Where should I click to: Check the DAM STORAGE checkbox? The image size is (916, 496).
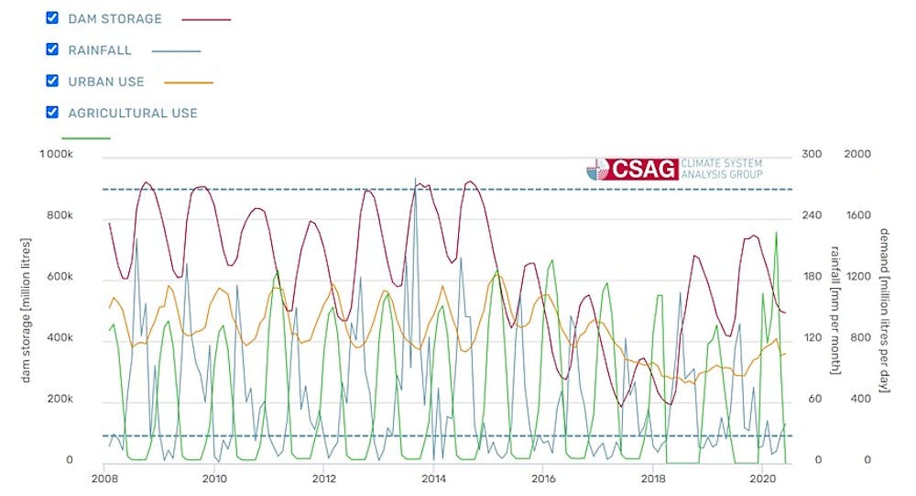click(x=52, y=18)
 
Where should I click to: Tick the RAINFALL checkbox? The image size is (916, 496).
click(x=52, y=50)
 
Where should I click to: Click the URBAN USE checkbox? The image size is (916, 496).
click(x=52, y=81)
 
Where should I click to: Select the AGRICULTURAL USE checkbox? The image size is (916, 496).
click(x=52, y=113)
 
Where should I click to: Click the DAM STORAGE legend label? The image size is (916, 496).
click(x=114, y=18)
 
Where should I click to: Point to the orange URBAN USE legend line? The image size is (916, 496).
click(x=189, y=83)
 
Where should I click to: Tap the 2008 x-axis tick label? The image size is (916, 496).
click(x=104, y=479)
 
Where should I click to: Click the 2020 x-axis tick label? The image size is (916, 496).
click(x=762, y=479)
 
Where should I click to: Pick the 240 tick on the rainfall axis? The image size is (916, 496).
click(x=812, y=216)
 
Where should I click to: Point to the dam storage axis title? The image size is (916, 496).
click(x=27, y=308)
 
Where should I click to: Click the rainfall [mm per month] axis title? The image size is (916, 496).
click(x=835, y=308)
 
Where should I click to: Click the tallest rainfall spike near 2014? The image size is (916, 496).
click(x=415, y=180)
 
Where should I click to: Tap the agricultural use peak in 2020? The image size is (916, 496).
click(x=777, y=233)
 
